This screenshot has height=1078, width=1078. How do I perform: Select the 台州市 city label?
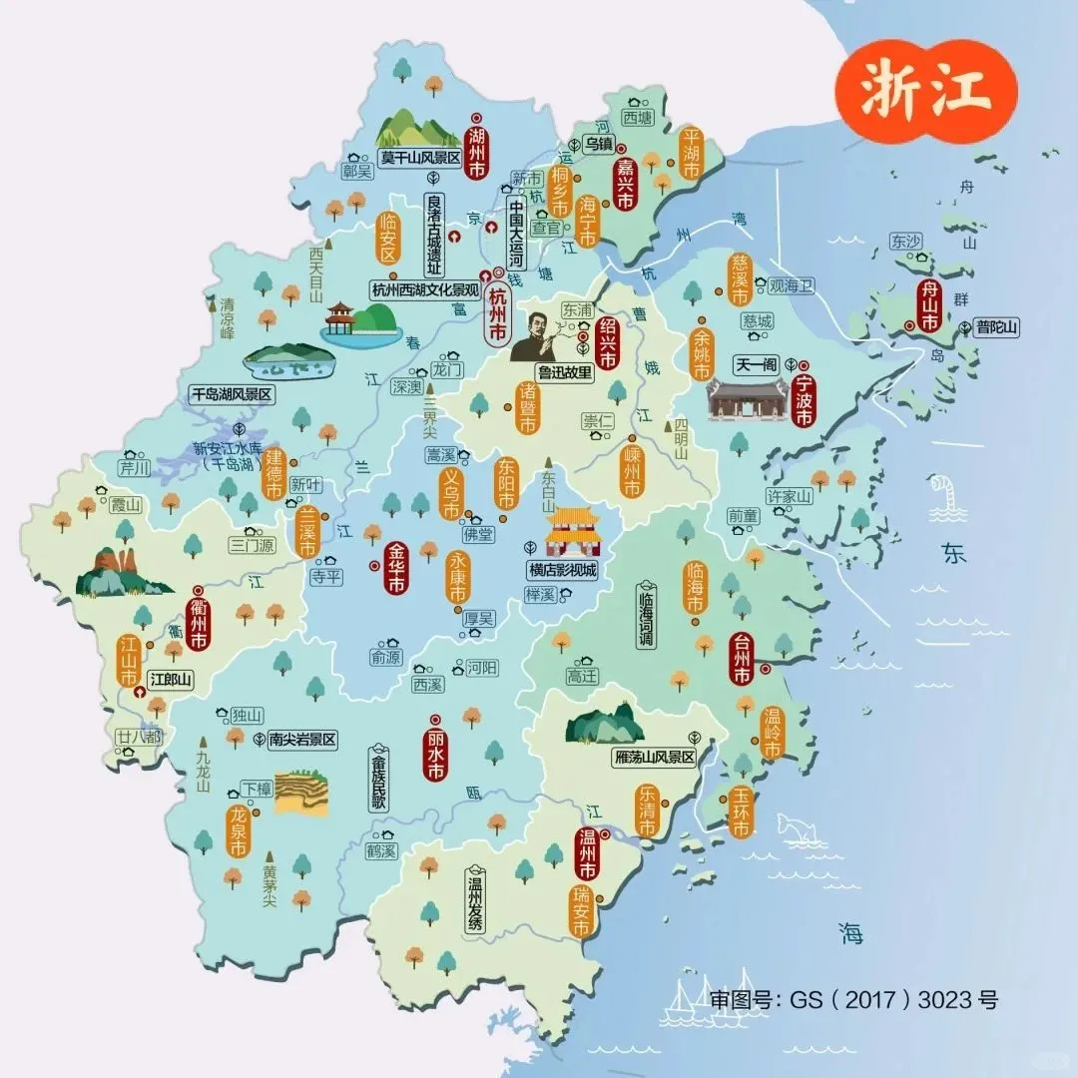click(741, 660)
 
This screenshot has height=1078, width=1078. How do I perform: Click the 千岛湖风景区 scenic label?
click(231, 394)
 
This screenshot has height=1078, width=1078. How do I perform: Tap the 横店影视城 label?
click(562, 571)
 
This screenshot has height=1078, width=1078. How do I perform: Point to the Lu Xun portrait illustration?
click(535, 336)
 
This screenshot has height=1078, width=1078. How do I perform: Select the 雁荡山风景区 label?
click(654, 758)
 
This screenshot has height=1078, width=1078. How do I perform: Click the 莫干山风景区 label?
click(419, 158)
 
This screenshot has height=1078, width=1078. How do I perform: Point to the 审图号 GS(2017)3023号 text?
click(853, 999)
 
